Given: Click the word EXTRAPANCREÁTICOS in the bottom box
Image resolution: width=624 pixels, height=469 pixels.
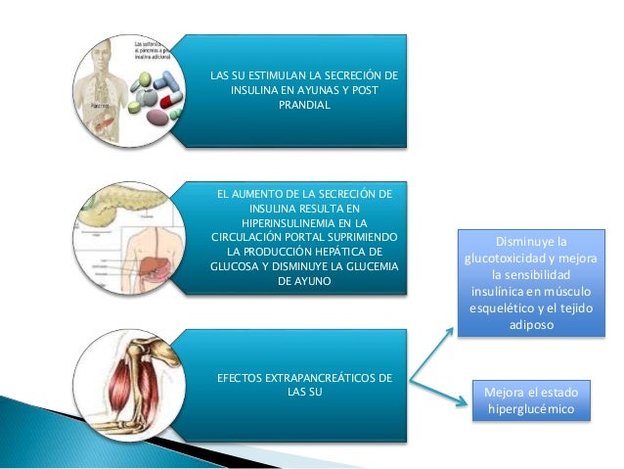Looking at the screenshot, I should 334,378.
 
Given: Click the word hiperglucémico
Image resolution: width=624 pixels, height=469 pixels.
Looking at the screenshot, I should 531,407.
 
